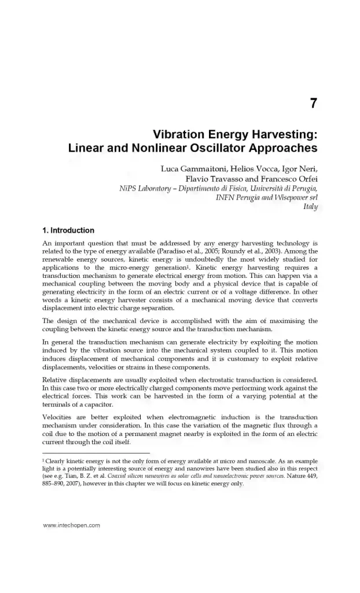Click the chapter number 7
[313, 104]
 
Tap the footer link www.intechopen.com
[72, 526]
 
